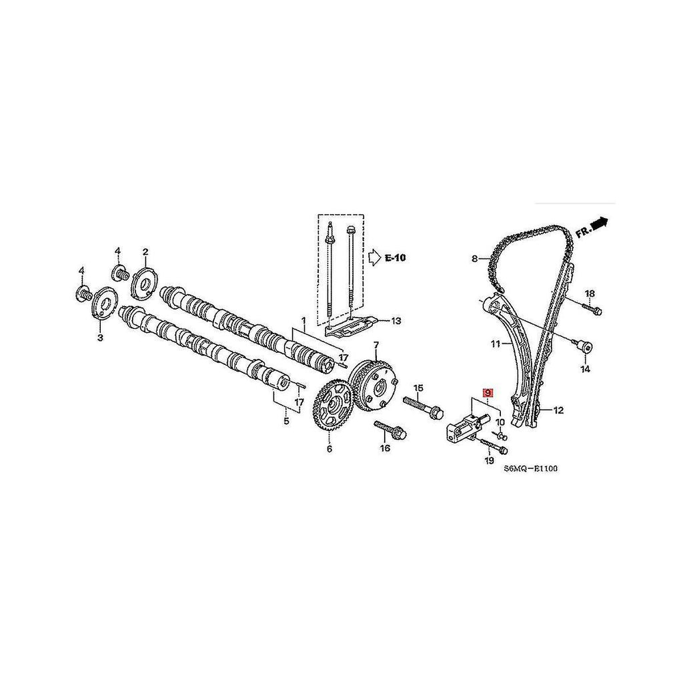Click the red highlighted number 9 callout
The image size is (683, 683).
click(488, 393)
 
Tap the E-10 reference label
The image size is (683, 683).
click(395, 257)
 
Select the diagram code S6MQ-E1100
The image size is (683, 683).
click(530, 469)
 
